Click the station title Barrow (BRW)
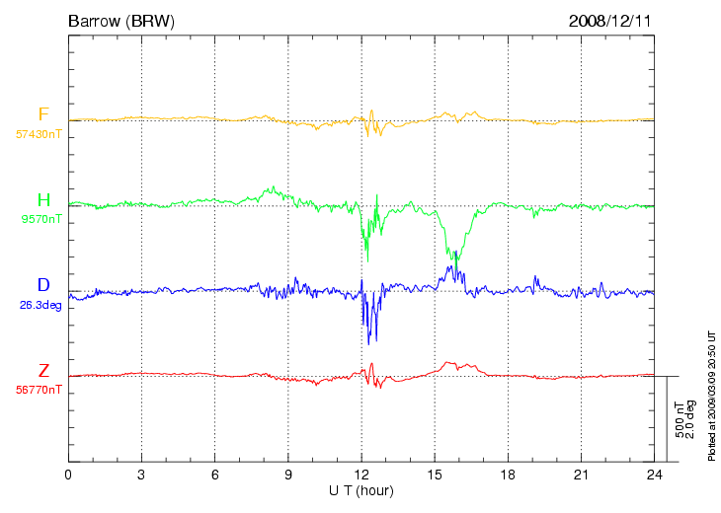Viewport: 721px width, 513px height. pyautogui.click(x=121, y=21)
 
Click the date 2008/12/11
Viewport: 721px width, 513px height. pyautogui.click(x=609, y=21)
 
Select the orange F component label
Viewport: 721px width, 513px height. pyautogui.click(x=43, y=114)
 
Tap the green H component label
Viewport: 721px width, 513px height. pyautogui.click(x=43, y=200)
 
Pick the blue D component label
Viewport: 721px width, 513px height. pyautogui.click(x=43, y=285)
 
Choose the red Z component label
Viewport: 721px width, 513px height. pyautogui.click(x=43, y=370)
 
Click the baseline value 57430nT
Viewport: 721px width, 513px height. pyautogui.click(x=39, y=134)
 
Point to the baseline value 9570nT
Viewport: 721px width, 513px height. pyautogui.click(x=41, y=220)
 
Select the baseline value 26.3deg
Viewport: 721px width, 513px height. pyautogui.click(x=40, y=305)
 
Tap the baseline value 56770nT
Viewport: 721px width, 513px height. pyautogui.click(x=39, y=390)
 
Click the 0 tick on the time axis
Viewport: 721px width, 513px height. pyautogui.click(x=68, y=475)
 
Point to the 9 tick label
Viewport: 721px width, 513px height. pyautogui.click(x=288, y=475)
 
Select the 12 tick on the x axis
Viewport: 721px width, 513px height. pyautogui.click(x=361, y=475)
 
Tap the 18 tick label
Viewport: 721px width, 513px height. pyautogui.click(x=508, y=475)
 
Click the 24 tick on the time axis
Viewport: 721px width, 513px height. pyautogui.click(x=654, y=475)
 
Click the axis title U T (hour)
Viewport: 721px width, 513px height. pyautogui.click(x=361, y=491)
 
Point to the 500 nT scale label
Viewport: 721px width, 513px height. pyautogui.click(x=680, y=419)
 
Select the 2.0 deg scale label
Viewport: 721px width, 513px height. pyautogui.click(x=689, y=419)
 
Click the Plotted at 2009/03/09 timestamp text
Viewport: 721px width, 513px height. pyautogui.click(x=712, y=396)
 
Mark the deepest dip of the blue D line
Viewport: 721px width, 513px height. pyautogui.click(x=368, y=344)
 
